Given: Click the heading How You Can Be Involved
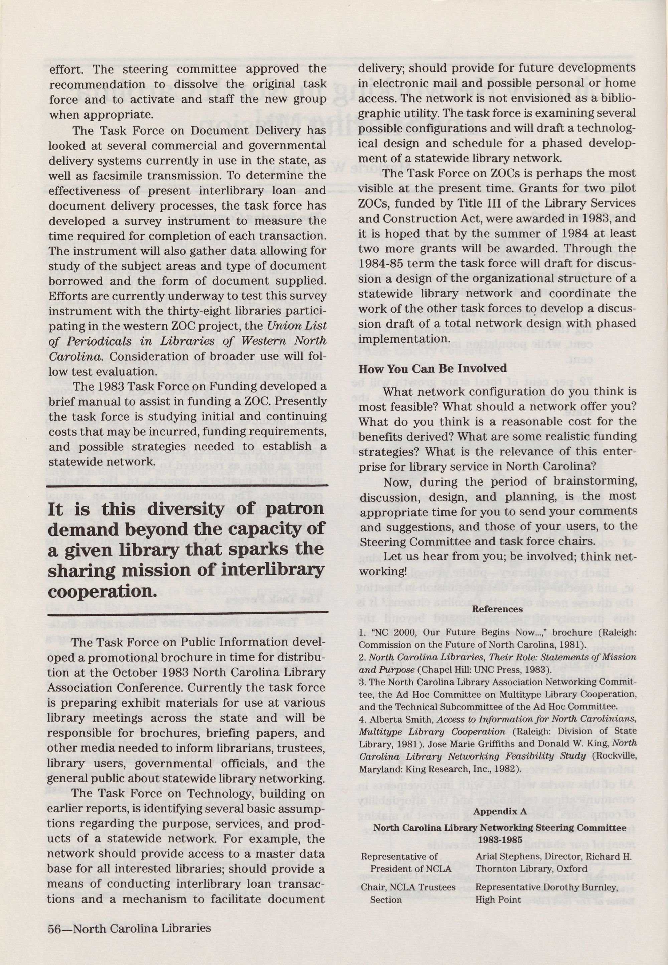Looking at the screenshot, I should coord(432,369).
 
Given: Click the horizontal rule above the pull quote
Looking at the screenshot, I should coord(187,486).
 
